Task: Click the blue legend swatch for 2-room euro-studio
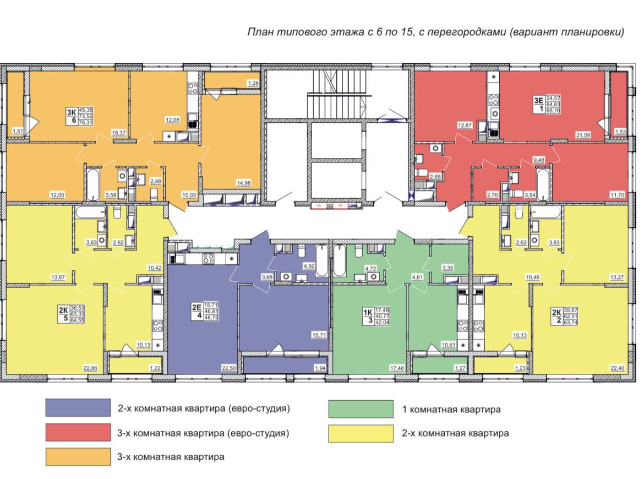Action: click(79, 409)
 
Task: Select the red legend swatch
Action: click(79, 433)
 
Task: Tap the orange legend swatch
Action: click(79, 457)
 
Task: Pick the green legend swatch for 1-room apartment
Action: click(361, 409)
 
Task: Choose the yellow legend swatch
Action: click(361, 433)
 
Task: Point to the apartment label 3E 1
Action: click(539, 104)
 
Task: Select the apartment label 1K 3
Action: click(367, 318)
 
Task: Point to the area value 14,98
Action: click(252, 183)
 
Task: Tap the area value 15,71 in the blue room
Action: click(319, 334)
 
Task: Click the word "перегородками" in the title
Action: click(468, 32)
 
